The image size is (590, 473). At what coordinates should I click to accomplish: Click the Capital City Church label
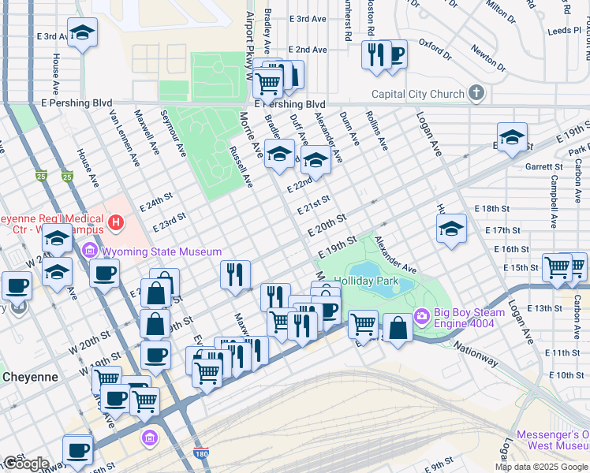418,95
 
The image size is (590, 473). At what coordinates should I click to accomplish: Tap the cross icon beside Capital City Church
476,94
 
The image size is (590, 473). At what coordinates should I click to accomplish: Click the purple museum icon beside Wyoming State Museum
89,251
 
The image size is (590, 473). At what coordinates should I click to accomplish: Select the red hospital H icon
117,223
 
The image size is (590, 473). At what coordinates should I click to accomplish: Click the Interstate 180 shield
202,454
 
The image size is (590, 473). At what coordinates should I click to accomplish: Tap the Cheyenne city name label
29,377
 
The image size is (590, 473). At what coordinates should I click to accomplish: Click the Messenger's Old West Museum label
552,441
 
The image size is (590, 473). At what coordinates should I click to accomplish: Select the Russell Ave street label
241,166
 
